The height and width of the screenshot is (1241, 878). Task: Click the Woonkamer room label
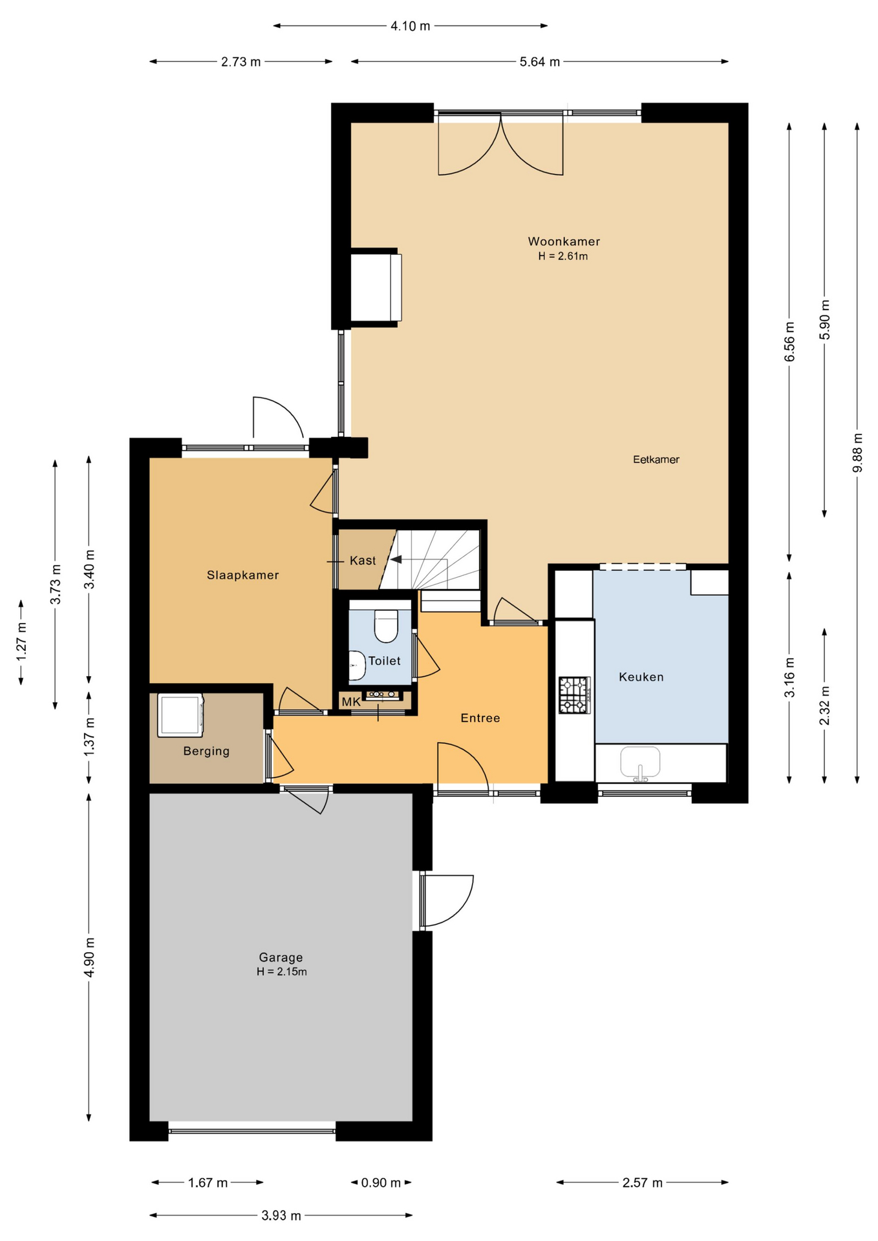coord(564,242)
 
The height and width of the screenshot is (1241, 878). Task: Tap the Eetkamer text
coord(656,460)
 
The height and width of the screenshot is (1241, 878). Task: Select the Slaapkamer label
coord(242,575)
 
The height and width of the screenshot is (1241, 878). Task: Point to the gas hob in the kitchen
coord(575,695)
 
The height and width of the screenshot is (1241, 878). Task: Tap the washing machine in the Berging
coord(180,716)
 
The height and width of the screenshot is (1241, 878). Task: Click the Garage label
coord(281,957)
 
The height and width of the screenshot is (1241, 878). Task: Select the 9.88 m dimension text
coord(857,452)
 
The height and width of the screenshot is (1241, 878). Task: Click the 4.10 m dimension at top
coord(410,27)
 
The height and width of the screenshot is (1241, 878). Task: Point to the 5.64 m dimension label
coord(540,62)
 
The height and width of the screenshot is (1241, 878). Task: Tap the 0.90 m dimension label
coord(381,1183)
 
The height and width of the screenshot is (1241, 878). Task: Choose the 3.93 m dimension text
coord(281,1216)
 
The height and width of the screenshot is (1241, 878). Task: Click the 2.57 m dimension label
coord(643,1183)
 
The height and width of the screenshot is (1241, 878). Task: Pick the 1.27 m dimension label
coord(21,641)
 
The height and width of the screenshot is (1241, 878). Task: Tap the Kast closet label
coord(363,560)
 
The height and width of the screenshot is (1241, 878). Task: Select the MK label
coord(351,702)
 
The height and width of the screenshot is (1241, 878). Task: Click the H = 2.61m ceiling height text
coord(563,256)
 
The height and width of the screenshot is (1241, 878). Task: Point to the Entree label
coord(480,718)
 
